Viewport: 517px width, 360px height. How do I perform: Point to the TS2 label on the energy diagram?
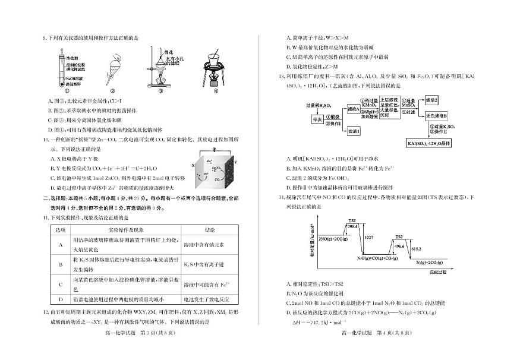399,236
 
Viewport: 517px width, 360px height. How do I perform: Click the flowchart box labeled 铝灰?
317,119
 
